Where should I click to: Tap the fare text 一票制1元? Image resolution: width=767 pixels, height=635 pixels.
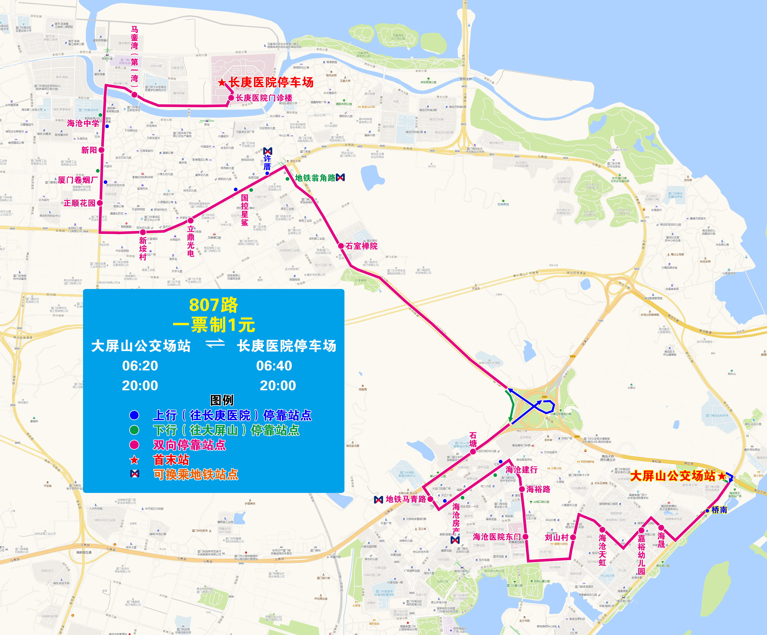click(214, 325)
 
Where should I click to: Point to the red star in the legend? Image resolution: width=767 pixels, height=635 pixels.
click(134, 460)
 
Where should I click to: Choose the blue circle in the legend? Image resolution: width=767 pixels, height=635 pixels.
click(134, 415)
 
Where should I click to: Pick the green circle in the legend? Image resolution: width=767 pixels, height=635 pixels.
click(134, 430)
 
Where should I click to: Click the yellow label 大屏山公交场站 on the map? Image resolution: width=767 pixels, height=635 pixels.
click(673, 476)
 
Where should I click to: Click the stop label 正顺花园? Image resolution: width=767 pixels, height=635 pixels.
click(79, 203)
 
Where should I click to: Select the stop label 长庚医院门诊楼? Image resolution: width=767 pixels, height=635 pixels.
click(264, 98)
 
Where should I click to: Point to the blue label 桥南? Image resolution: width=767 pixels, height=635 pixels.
click(719, 510)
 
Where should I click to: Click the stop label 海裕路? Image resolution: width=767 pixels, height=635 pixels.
click(538, 489)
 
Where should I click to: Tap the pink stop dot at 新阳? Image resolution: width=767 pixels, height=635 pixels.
click(102, 150)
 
